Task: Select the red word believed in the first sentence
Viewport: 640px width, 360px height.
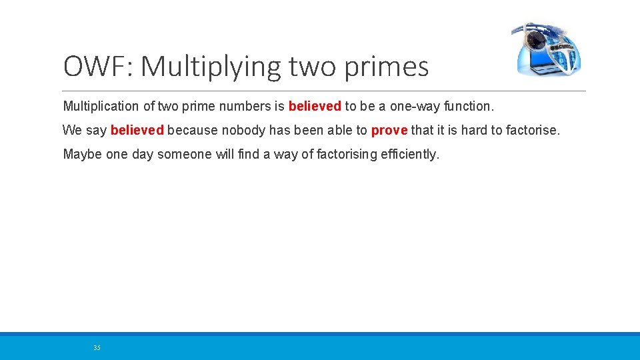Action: (315, 106)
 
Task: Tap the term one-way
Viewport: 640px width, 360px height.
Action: (416, 106)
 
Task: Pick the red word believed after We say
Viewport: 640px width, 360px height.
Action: (137, 130)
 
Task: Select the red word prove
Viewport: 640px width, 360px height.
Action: (389, 130)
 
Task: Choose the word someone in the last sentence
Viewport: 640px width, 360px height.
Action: (185, 155)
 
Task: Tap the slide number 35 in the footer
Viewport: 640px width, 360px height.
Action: (97, 347)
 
